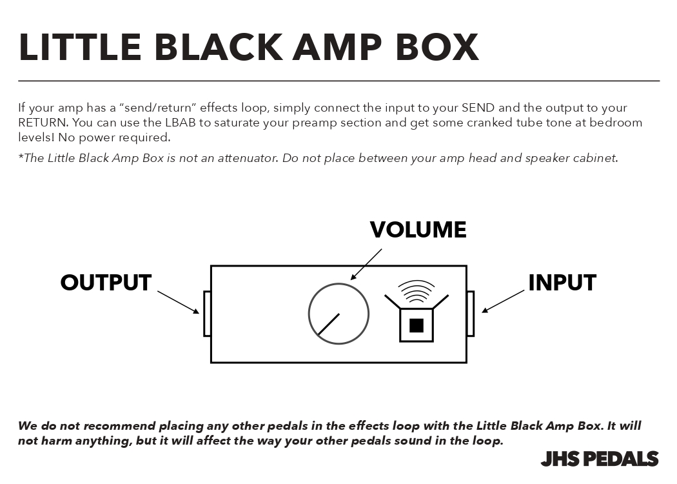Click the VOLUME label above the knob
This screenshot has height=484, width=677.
point(418,230)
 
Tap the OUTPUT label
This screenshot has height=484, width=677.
point(106,283)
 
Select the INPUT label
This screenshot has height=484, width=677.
point(562,283)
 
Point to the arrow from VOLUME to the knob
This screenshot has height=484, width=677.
point(366,265)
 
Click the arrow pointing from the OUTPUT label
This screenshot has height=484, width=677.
point(179,302)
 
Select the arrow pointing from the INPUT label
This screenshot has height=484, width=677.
point(503,301)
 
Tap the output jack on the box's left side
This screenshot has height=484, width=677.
point(207,314)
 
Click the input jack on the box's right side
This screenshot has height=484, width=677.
point(470,314)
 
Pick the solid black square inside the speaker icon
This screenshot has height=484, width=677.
point(417,325)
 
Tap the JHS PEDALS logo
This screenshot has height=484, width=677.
point(600,458)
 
